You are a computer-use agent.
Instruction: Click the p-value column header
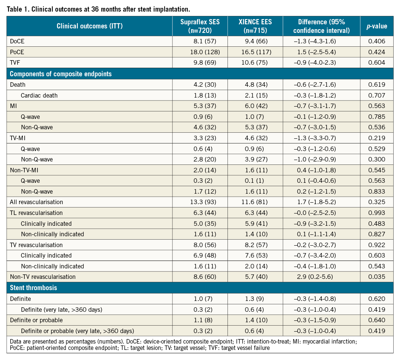click(x=376, y=26)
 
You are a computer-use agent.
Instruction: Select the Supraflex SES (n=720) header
click(x=205, y=26)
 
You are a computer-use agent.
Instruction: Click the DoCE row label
click(x=17, y=41)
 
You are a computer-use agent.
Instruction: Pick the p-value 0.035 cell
click(x=376, y=277)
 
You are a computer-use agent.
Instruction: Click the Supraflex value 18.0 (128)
click(x=205, y=52)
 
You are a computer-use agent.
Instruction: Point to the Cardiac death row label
click(x=39, y=95)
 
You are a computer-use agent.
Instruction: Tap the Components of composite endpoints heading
click(x=61, y=74)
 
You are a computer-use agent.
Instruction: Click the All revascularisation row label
click(x=36, y=202)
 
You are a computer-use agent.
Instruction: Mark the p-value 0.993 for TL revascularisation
click(x=376, y=213)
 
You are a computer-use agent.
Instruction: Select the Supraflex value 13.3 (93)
click(x=205, y=202)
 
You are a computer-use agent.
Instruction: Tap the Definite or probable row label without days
click(x=36, y=320)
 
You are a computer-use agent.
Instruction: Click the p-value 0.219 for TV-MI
click(x=376, y=138)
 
